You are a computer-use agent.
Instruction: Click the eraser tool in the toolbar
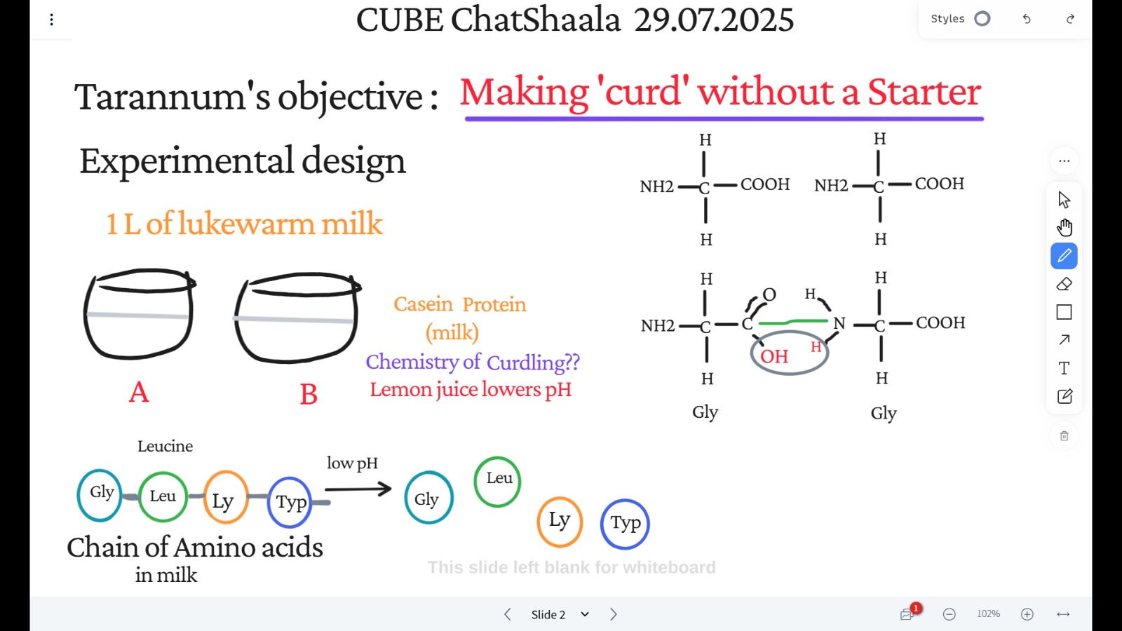(1064, 284)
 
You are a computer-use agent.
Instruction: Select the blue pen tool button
(1064, 256)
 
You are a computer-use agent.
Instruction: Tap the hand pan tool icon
(1064, 227)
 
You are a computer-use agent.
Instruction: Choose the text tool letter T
(1064, 369)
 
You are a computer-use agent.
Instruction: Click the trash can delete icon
(1064, 436)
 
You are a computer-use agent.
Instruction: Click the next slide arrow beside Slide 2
(614, 614)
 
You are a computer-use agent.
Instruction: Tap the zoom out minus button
(949, 614)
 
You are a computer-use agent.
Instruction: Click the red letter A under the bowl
(139, 392)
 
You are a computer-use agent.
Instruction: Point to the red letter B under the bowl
(309, 394)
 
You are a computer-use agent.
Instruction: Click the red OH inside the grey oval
(774, 357)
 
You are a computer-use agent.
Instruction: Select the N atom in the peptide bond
(839, 323)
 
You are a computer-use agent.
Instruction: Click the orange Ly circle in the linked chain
(226, 497)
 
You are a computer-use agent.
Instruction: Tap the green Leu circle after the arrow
(497, 482)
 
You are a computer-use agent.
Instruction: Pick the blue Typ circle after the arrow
(625, 524)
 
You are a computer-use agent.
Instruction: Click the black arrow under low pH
(358, 489)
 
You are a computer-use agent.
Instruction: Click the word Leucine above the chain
(165, 446)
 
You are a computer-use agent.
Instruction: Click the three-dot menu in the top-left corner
(52, 20)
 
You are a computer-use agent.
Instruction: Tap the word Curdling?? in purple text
(533, 362)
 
